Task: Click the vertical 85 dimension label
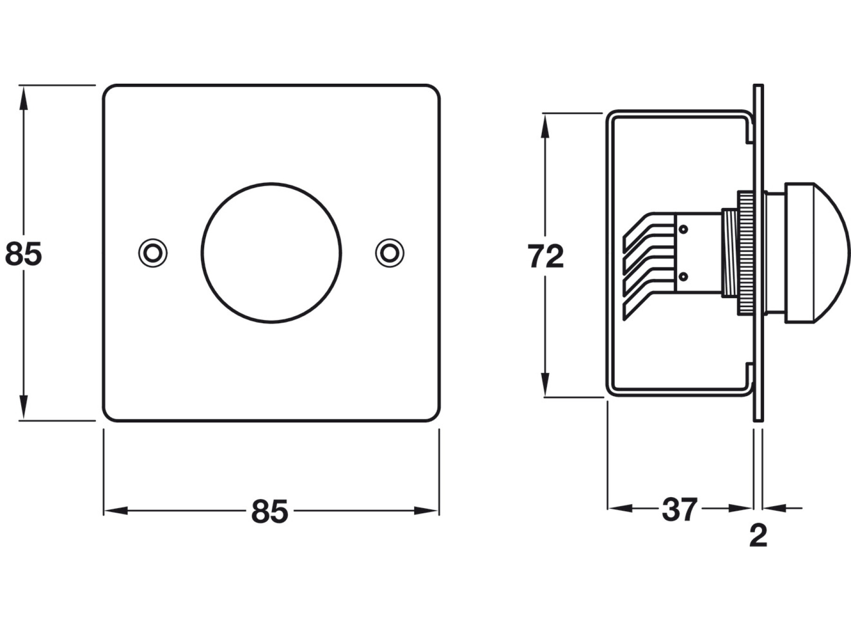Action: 24,254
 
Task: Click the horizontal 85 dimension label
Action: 269,511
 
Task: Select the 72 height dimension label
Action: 546,257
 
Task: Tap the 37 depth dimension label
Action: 679,509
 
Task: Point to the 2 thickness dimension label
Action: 758,535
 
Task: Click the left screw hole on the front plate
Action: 152,253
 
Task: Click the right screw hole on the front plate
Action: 390,253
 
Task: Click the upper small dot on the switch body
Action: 683,229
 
